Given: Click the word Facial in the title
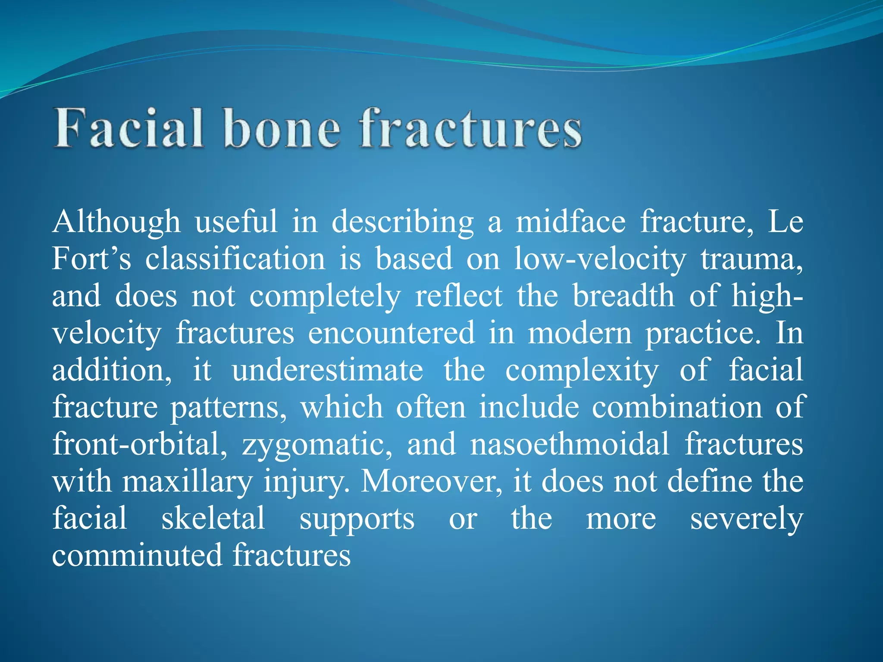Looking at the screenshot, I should [x=128, y=129].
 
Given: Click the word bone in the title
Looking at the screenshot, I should [x=282, y=129].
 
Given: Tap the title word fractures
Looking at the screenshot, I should [x=471, y=129].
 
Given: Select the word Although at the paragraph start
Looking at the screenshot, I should [x=116, y=222].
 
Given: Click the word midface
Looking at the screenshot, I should [x=570, y=222].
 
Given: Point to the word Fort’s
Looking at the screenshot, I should [x=91, y=259].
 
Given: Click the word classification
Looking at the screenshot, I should [x=235, y=259].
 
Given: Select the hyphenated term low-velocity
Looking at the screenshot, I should [x=600, y=259].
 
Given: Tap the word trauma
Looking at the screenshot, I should [x=751, y=259].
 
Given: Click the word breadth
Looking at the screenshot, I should [x=623, y=297].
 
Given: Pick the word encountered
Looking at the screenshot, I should [x=391, y=334].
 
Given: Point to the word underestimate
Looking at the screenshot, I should [x=328, y=371].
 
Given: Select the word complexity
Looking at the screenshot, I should [x=582, y=371].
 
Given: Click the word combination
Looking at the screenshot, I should [x=677, y=408].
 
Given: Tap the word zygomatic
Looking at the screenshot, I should [x=317, y=445].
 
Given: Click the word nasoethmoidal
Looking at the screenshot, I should [x=570, y=445].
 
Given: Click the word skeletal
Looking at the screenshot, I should [x=213, y=519].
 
